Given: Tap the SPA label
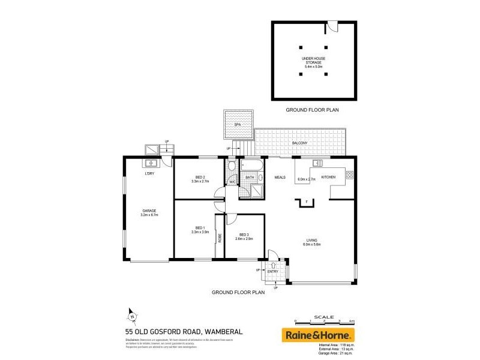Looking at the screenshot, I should (237, 124).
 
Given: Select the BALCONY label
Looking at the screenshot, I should (299, 143).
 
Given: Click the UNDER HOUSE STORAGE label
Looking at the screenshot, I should (313, 58).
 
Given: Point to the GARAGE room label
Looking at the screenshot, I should (149, 210).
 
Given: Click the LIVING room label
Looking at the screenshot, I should (312, 241).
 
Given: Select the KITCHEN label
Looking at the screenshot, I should (328, 177).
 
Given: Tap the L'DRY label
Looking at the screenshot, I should (150, 174).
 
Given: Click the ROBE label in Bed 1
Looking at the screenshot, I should (220, 236).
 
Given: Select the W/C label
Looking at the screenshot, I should (232, 182).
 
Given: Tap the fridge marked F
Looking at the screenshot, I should (306, 201).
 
